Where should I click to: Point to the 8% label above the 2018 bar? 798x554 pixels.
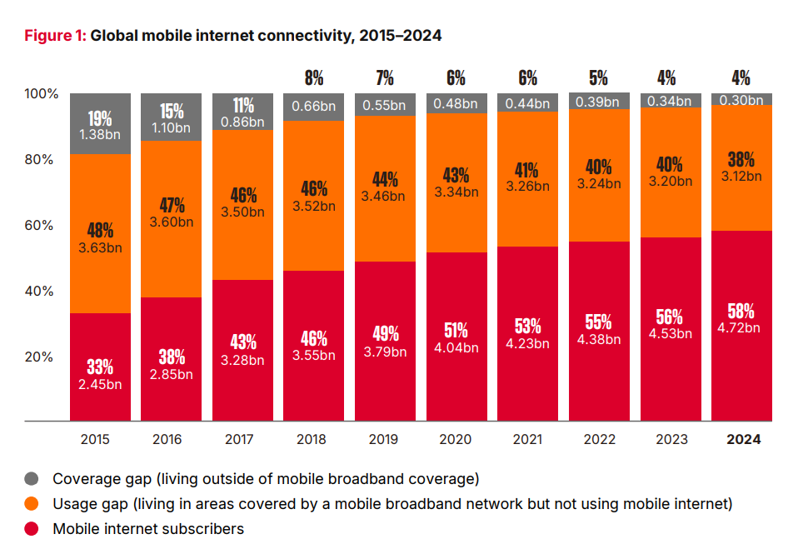(x=314, y=78)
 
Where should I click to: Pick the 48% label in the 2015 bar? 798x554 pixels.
(x=100, y=231)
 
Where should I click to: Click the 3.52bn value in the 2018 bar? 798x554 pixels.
(x=314, y=207)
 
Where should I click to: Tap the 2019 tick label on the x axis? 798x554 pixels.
(x=385, y=440)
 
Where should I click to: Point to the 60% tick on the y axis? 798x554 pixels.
(x=42, y=226)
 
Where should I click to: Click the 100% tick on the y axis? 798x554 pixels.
(x=40, y=94)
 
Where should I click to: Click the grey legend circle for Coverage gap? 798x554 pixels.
(x=32, y=478)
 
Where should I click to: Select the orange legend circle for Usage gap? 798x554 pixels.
(x=32, y=503)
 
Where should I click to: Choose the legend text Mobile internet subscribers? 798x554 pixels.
(x=148, y=528)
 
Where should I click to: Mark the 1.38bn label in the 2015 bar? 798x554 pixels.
(x=100, y=133)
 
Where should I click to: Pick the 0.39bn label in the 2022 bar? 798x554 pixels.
(x=599, y=102)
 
